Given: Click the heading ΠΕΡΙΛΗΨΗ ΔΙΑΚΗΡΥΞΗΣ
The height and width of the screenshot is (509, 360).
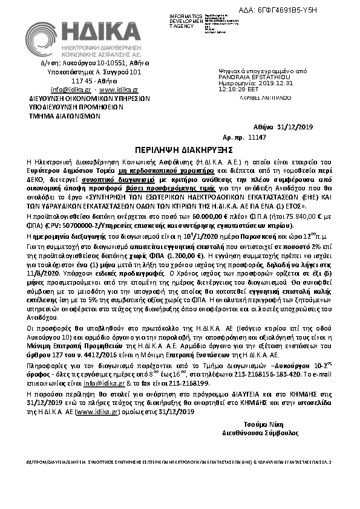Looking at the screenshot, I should pos(181,149).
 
